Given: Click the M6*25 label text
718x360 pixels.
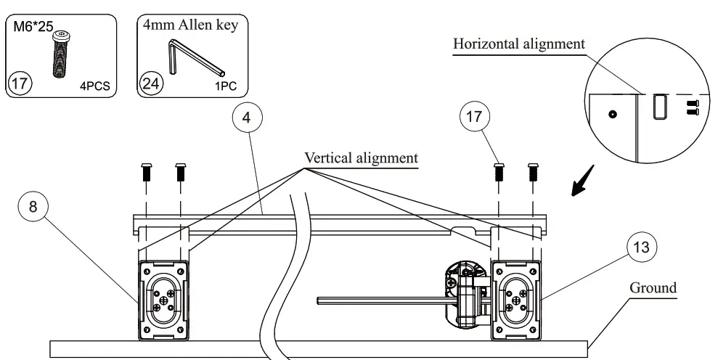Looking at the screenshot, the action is [x=33, y=26].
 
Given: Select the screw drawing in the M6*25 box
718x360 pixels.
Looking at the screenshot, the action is [x=60, y=53].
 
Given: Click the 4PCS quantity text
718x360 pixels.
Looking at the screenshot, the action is [x=95, y=86].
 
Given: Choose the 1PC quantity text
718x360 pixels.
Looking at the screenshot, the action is [x=226, y=86].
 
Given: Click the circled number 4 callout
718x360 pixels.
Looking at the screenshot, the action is [x=246, y=118].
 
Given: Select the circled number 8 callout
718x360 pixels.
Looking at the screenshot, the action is [x=33, y=207].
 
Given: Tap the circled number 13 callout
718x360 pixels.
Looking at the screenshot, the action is [x=642, y=247].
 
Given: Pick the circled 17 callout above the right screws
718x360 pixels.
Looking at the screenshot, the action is [x=474, y=116].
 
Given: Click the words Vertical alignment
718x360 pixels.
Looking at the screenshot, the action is [x=362, y=158].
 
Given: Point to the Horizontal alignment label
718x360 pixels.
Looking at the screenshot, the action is [x=519, y=44].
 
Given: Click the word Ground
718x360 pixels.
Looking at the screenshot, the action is [x=653, y=287].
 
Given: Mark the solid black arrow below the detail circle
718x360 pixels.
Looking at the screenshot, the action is [x=583, y=181].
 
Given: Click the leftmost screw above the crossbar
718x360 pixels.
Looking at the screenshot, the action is [x=146, y=172].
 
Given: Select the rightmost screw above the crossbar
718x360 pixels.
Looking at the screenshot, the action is [x=533, y=172].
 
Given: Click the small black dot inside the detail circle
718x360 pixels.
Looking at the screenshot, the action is [x=613, y=114].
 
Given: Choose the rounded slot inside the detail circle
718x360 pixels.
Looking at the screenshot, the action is [x=661, y=107].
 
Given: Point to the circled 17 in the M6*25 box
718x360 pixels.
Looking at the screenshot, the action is [x=19, y=83].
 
